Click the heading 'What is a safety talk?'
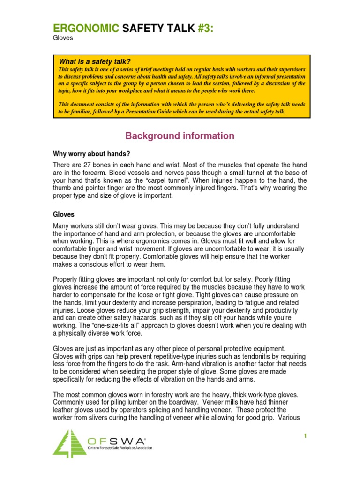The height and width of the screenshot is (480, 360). click(94, 62)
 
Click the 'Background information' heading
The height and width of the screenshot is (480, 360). click(180, 136)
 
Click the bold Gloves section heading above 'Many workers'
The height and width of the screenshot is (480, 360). click(63, 214)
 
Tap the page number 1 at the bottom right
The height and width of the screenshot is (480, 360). click(305, 436)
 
